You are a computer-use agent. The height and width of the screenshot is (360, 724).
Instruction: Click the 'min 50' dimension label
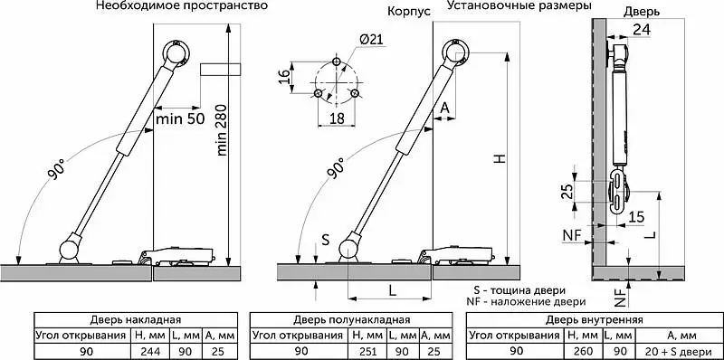pyautogui.click(x=180, y=118)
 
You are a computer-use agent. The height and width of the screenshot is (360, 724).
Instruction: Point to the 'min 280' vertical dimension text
pyautogui.click(x=222, y=130)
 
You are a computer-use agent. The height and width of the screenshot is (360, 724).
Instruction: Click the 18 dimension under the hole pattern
pyautogui.click(x=338, y=118)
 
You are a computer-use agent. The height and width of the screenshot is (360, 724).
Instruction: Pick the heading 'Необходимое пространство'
pyautogui.click(x=182, y=6)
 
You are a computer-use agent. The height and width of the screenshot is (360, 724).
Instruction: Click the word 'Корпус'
pyautogui.click(x=408, y=12)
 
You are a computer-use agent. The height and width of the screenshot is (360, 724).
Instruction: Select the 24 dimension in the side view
pyautogui.click(x=642, y=30)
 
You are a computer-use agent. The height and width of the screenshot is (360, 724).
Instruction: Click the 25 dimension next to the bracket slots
pyautogui.click(x=569, y=191)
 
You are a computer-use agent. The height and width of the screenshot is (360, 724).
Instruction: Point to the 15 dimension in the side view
pyautogui.click(x=637, y=217)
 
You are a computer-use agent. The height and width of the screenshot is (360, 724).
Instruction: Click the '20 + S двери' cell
pyautogui.click(x=680, y=351)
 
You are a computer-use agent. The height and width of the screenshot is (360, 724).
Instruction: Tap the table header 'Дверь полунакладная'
pyautogui.click(x=351, y=320)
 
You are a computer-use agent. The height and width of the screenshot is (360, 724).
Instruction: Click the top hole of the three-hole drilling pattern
pyautogui.click(x=337, y=62)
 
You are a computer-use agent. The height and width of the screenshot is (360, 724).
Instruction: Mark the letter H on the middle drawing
pyautogui.click(x=500, y=158)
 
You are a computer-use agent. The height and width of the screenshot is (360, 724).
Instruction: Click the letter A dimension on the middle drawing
pyautogui.click(x=444, y=108)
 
